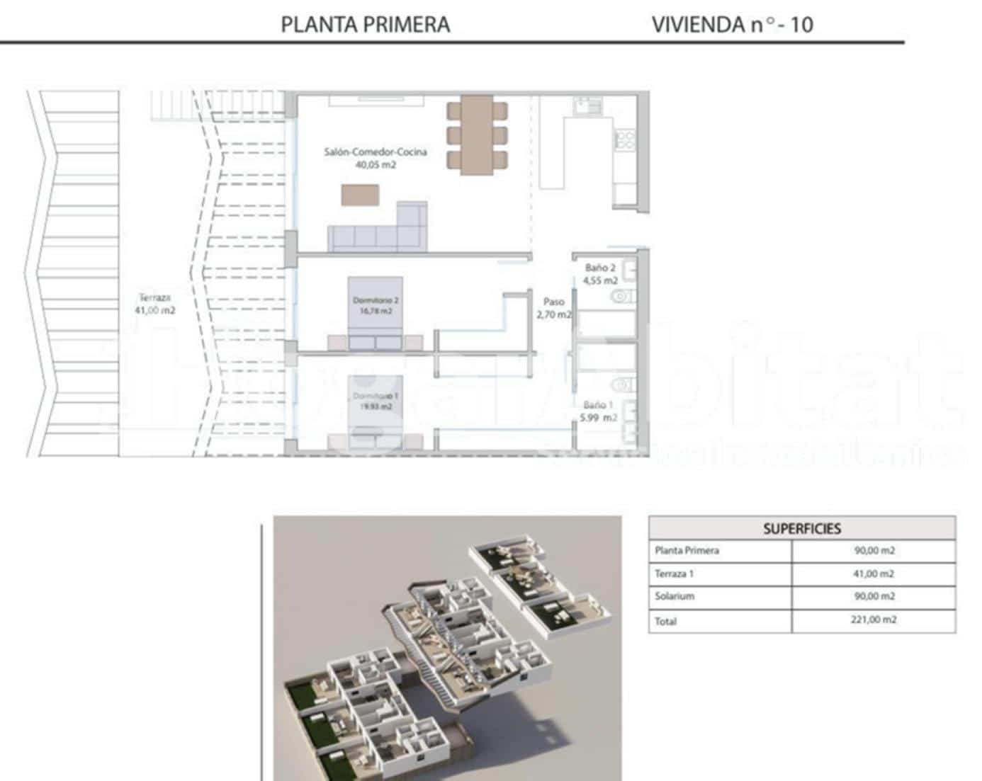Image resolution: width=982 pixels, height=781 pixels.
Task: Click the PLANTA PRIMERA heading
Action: [365, 25]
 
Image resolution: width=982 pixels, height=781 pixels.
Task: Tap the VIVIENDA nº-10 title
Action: [732, 25]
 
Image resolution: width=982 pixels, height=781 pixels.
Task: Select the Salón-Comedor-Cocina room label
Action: [376, 152]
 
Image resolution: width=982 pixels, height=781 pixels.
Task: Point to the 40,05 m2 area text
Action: [376, 165]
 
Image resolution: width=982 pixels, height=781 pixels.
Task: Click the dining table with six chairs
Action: [477, 135]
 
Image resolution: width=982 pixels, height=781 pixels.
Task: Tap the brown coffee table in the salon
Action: [360, 195]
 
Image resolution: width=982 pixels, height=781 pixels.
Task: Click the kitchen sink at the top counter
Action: [587, 106]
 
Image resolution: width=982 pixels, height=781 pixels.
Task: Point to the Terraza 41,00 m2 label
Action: [154, 304]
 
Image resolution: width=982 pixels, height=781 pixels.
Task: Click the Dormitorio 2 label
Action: [376, 301]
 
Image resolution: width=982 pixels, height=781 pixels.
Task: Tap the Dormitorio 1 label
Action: [376, 396]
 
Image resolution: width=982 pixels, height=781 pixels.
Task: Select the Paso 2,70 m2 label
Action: [553, 308]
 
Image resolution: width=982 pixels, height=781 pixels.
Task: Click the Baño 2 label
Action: [600, 268]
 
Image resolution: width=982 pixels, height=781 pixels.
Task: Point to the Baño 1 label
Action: [599, 405]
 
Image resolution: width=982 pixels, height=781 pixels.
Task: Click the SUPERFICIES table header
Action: [801, 529]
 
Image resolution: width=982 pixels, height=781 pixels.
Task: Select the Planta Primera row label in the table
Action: [687, 551]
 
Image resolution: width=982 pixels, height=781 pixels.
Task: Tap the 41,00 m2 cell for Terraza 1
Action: [873, 574]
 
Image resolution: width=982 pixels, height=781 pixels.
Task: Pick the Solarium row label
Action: [675, 596]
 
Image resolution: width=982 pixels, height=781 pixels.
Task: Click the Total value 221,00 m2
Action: [873, 620]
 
